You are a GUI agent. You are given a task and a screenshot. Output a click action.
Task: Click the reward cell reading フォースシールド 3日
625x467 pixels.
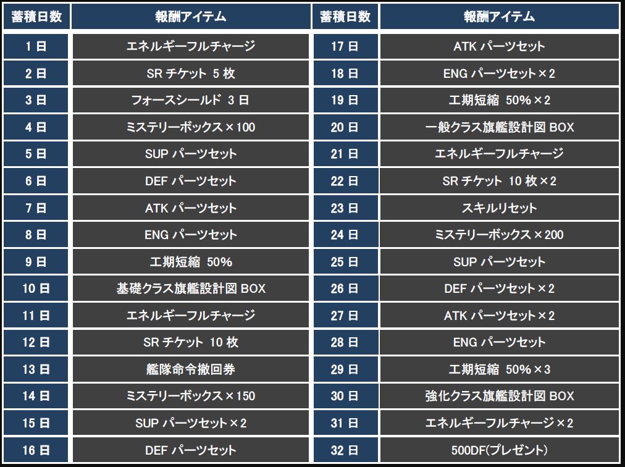coord(190,100)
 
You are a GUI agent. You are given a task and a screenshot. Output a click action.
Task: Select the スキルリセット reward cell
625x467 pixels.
coord(499,208)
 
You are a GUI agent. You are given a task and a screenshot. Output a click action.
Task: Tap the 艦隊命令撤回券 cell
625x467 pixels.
coord(190,369)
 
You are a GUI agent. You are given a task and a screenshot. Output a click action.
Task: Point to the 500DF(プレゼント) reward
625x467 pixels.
coord(499,450)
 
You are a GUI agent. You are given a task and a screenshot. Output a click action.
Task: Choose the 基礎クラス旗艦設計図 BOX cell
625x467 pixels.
coord(190,288)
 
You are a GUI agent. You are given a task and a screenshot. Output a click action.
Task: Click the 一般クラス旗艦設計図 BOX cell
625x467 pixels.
coord(499,127)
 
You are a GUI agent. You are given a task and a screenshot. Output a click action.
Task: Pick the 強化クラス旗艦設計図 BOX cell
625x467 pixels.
coord(499,396)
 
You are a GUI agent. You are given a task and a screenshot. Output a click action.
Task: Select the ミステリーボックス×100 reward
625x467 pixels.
coord(190,127)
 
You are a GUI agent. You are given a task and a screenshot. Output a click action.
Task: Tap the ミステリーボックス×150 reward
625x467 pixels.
coord(190,396)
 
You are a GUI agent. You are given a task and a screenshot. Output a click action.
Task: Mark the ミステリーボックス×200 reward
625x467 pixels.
coord(499,235)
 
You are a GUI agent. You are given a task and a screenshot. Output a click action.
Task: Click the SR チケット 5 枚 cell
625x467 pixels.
coord(190,74)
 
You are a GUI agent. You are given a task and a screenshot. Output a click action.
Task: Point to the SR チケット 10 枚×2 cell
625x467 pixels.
coord(499,181)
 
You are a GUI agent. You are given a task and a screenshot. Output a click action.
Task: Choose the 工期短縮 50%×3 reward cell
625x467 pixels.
coord(499,369)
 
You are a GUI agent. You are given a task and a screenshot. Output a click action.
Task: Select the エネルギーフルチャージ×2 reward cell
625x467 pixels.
coord(499,423)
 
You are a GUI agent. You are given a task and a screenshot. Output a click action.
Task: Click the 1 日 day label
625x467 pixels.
coord(36,46)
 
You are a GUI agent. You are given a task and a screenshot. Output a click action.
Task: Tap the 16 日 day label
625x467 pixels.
coord(36,450)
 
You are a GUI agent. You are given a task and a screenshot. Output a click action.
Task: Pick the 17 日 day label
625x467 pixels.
coord(345,46)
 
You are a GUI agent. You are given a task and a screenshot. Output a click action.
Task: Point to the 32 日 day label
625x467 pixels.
coord(345,450)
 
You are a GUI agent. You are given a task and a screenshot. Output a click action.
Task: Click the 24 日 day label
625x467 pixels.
coord(345,235)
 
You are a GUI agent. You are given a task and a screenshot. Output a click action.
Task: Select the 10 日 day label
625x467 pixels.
coord(36,288)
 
